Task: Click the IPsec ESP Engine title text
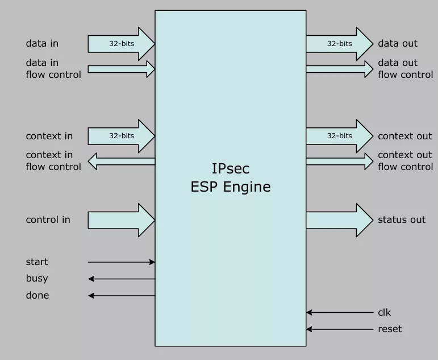tap(231, 177)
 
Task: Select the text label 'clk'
tap(385, 312)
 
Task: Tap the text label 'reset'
tap(390, 329)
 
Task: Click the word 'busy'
tap(37, 279)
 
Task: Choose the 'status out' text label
tap(402, 220)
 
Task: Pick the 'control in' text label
tap(48, 220)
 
